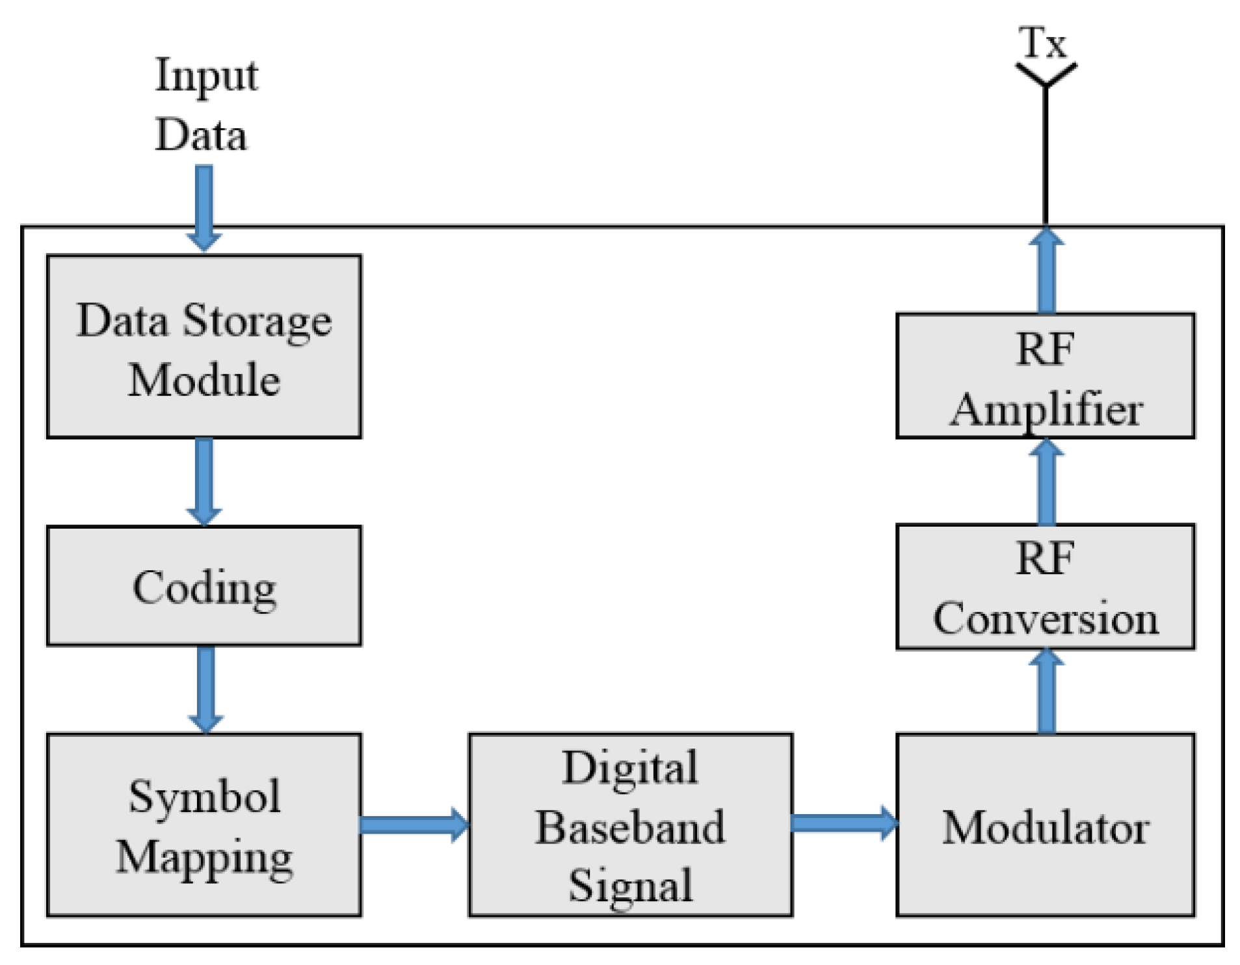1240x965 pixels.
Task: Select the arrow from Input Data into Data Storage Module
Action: point(204,207)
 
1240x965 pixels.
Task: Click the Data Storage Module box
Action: point(204,346)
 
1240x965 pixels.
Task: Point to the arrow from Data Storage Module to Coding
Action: point(204,481)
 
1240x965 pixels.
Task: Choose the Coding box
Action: point(204,586)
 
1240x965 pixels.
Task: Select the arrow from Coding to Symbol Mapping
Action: point(205,689)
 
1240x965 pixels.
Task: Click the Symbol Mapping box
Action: point(204,825)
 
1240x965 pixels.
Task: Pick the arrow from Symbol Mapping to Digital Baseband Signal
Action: point(414,825)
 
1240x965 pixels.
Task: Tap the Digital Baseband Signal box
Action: point(629,825)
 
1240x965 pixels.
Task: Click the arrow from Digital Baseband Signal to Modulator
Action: point(843,823)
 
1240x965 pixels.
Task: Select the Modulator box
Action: point(1045,825)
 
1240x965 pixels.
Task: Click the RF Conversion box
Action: point(1045,587)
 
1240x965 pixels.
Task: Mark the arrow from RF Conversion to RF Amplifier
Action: point(1046,482)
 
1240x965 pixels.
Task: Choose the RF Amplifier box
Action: point(1045,376)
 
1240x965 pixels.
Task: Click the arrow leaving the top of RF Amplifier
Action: point(1046,271)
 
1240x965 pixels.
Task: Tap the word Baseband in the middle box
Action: point(629,827)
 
